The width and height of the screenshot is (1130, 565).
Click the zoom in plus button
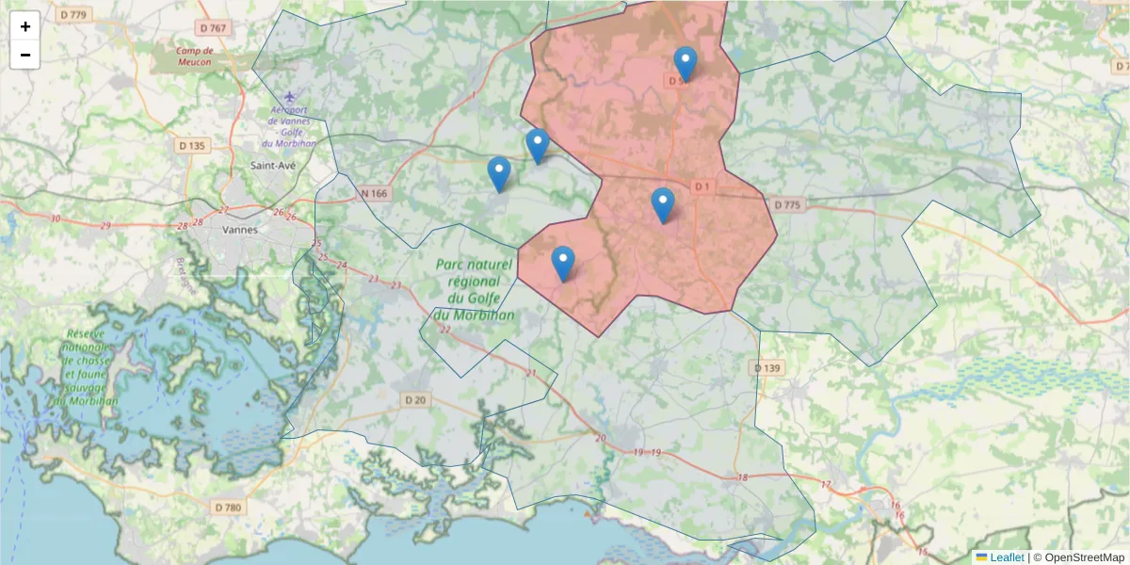[x=25, y=26]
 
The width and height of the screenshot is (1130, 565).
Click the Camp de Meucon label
[x=194, y=56]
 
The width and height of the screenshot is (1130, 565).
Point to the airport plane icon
[x=289, y=97]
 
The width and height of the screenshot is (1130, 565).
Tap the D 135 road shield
[x=191, y=146]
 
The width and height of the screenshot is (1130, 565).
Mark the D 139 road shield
[x=768, y=367]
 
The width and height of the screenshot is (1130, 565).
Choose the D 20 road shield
[x=415, y=400]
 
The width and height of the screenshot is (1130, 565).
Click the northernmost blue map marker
[x=686, y=63]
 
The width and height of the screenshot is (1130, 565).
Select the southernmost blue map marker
[x=563, y=263]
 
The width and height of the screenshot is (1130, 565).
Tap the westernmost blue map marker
[x=499, y=174]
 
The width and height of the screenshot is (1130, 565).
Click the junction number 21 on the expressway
[x=531, y=374]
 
